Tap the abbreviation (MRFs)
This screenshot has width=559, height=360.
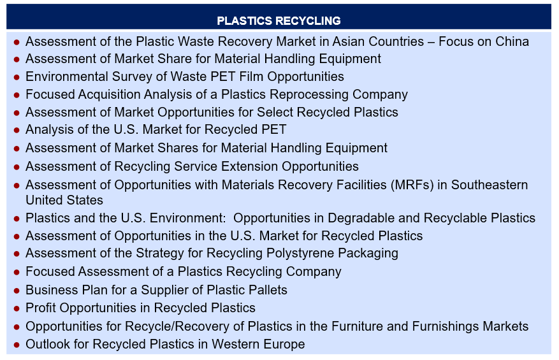tap(412, 185)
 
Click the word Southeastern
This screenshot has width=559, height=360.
tap(490, 185)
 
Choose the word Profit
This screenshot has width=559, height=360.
tap(41, 308)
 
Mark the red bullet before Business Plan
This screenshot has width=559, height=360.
tap(17, 291)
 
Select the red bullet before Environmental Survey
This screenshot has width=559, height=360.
tap(17, 77)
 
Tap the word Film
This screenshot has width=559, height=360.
tap(252, 76)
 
